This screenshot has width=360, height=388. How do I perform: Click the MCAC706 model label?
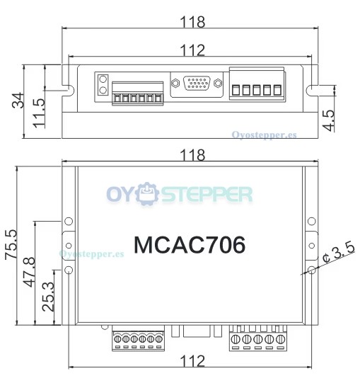coord(190,245)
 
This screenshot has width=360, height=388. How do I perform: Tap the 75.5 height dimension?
coord(11,244)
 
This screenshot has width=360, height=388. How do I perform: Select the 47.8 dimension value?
coord(30,272)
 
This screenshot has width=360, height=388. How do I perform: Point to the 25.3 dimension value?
coord(48,297)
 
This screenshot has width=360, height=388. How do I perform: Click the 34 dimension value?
coord(18,101)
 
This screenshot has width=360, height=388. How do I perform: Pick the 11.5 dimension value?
coord(39,113)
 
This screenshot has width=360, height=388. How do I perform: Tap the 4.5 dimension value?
coord(329,120)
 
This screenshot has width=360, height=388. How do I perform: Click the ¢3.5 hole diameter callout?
coord(339,253)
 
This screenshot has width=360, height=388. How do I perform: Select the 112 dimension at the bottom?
coord(192,361)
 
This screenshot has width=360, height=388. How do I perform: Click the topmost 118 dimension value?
coord(192,22)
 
